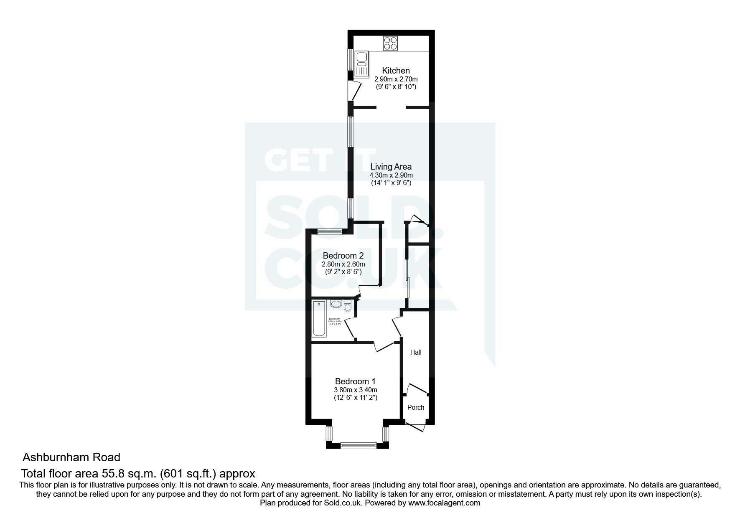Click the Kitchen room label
[x=396, y=71]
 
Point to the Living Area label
[x=391, y=167]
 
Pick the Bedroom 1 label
[x=355, y=381]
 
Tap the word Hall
[x=415, y=352]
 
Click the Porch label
[x=415, y=407]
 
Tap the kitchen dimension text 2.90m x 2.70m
[x=396, y=79]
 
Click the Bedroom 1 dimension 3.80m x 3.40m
[x=355, y=390]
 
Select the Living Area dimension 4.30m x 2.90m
[x=391, y=175]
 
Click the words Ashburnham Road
[x=71, y=457]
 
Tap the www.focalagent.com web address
[x=444, y=503]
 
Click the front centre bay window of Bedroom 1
[x=356, y=446]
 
